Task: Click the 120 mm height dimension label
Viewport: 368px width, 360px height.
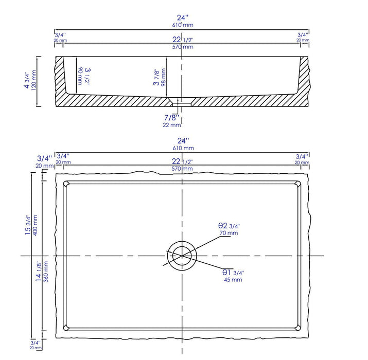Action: pos(34,81)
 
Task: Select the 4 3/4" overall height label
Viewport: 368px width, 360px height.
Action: pos(27,81)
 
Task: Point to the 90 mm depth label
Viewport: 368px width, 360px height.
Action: pos(80,76)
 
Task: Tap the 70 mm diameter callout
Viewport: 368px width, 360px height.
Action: pos(229,233)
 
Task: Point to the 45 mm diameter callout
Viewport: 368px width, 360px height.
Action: pos(233,280)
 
